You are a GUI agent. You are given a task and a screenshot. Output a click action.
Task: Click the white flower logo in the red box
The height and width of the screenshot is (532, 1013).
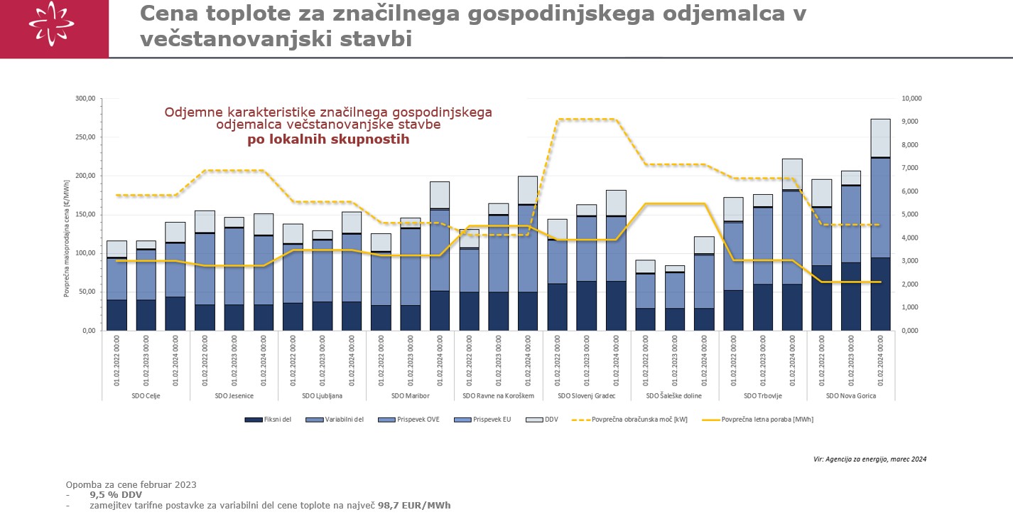click(51, 24)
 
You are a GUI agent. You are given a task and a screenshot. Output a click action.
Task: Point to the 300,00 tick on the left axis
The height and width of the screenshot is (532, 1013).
click(85, 99)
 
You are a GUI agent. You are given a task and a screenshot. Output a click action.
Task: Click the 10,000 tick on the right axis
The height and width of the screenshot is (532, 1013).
click(912, 99)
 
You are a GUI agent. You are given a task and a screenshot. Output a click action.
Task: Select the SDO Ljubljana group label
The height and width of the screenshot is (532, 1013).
click(322, 395)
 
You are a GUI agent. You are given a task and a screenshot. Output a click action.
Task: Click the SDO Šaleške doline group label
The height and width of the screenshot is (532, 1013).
click(674, 395)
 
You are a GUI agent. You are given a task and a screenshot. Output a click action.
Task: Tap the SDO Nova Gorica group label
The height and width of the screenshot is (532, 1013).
click(850, 395)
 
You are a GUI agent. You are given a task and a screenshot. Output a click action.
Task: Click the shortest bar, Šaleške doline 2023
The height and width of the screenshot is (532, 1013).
click(675, 298)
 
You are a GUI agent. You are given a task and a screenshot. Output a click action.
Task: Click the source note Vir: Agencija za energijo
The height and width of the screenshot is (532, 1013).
click(870, 459)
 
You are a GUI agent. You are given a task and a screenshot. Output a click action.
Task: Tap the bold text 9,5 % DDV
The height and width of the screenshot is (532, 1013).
click(116, 495)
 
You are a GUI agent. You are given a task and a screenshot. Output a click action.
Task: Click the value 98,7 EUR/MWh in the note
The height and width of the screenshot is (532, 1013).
click(413, 506)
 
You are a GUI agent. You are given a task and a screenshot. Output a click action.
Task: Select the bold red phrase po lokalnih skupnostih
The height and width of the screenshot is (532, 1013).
click(328, 139)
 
